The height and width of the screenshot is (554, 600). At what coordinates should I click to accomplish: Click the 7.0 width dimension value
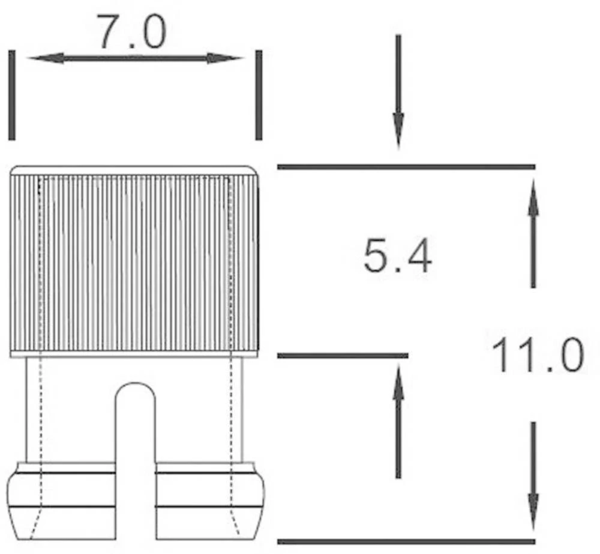coord(131,33)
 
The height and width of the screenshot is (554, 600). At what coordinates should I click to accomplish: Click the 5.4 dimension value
coord(397,258)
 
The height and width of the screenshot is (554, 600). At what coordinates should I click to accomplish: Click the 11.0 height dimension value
coord(537,355)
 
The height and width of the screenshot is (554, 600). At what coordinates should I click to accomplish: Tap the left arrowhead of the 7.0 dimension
coord(46,58)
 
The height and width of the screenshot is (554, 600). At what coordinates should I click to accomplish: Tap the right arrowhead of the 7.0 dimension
coord(224,58)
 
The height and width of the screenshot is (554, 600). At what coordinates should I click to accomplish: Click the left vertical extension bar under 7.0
coord(12,95)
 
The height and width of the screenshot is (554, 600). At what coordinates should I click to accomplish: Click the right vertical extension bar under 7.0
coord(259,95)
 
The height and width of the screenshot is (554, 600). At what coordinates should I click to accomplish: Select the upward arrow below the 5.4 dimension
coord(398,385)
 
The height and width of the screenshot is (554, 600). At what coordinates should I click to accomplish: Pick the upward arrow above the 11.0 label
coord(533,204)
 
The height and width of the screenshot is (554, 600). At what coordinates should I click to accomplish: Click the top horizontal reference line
coord(406,166)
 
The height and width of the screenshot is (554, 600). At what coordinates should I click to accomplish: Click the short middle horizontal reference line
coord(342,356)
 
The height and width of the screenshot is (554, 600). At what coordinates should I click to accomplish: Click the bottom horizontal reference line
coord(406,541)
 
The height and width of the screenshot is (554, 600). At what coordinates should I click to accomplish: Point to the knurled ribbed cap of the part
coord(134,261)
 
